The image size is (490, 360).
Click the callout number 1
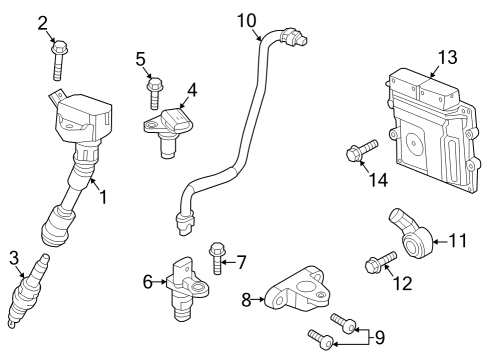click(102, 197)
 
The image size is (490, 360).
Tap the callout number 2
click(43, 22)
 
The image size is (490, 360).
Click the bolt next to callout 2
click(59, 60)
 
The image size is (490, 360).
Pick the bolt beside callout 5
click(154, 92)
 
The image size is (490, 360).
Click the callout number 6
click(147, 283)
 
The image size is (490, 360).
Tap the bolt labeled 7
click(217, 258)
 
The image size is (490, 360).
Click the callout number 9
click(378, 336)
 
